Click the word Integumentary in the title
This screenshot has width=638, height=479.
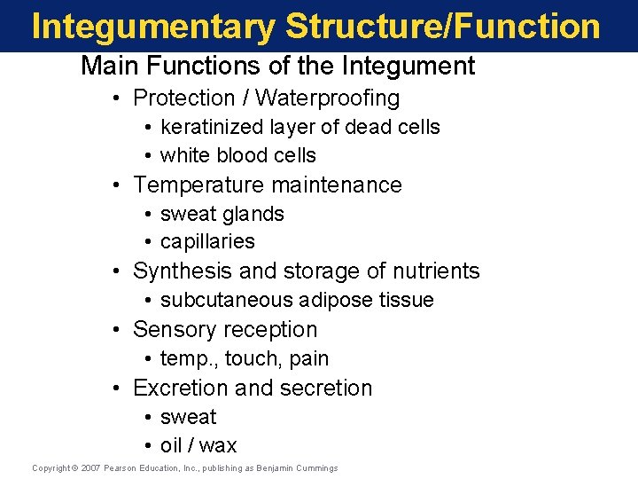point(153,27)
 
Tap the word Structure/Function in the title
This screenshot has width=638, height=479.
point(443,27)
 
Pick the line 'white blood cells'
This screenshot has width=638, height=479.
point(237,155)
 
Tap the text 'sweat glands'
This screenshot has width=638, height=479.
point(222,215)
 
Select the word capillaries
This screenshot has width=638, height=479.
point(207,242)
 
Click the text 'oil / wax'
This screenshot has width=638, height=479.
point(198,446)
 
